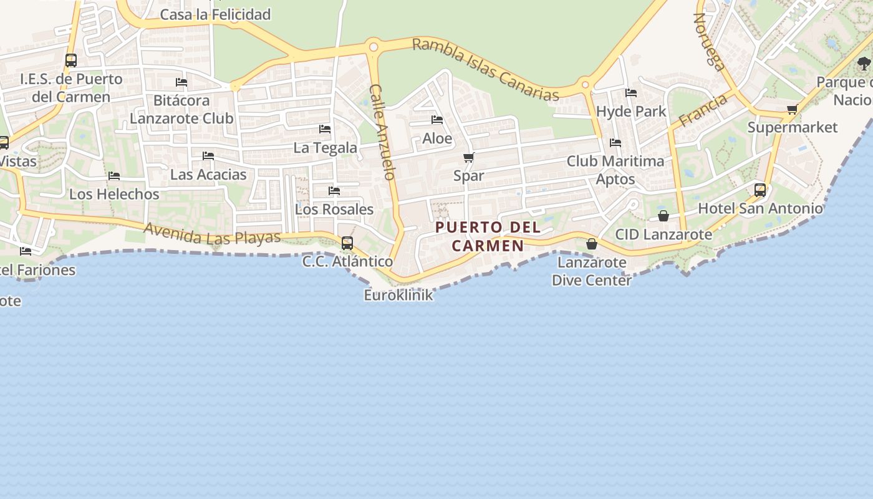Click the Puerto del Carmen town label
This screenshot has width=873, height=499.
488,236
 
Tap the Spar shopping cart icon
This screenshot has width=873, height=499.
469,157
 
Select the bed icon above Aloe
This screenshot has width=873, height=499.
437,120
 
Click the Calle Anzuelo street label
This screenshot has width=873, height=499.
383,132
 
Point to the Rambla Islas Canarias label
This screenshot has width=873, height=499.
486,69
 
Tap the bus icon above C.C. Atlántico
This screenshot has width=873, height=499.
347,243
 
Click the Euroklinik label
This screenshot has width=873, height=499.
398,295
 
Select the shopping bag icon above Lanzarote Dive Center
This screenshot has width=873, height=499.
592,243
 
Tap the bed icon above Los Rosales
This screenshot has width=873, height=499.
334,191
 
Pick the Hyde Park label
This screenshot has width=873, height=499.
631,112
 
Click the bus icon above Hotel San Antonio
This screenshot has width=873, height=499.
760,190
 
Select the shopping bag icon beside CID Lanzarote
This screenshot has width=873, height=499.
663,216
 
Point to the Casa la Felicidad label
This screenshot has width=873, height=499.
215,14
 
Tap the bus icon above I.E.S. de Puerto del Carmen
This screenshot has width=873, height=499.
71,61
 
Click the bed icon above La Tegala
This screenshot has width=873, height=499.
325,129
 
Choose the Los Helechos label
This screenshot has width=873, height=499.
114,194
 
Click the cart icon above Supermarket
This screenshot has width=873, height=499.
792,110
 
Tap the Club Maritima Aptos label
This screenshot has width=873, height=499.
615,170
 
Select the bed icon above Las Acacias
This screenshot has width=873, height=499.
208,156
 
